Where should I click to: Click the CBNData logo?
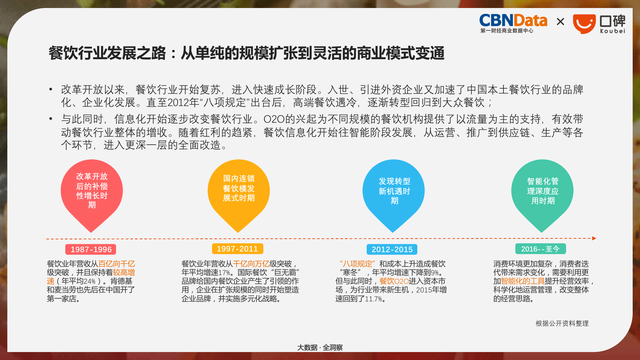click(513, 23)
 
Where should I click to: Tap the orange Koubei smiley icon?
click(584, 24)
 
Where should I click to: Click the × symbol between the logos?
click(560, 22)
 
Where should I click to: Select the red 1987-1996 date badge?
click(91, 249)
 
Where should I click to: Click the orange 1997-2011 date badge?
click(237, 249)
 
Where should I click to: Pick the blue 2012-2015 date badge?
click(392, 249)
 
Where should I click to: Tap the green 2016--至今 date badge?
click(540, 249)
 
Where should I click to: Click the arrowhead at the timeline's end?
click(594, 238)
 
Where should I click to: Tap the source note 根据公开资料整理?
click(562, 324)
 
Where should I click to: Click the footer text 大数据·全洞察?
click(320, 348)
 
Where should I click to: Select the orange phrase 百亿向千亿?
click(116, 264)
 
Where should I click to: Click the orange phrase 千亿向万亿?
click(251, 264)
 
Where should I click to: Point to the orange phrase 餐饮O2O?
click(394, 281)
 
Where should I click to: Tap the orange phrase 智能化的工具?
click(523, 281)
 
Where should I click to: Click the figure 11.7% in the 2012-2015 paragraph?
click(373, 299)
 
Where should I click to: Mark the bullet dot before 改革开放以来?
click(51, 89)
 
